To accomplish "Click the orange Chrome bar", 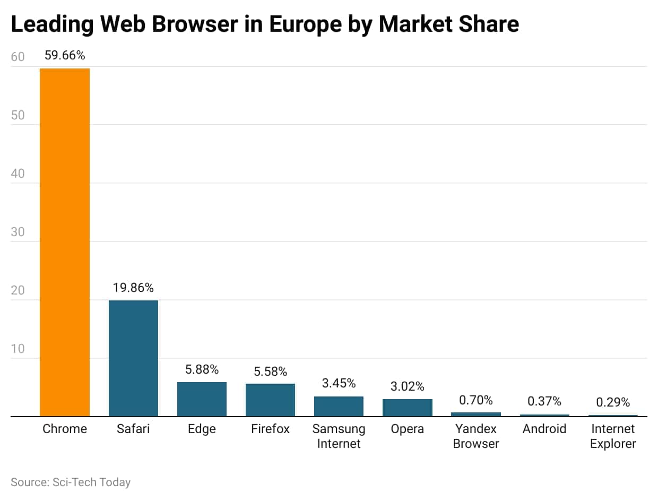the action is pyautogui.click(x=65, y=242).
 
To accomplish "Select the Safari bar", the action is pyautogui.click(x=133, y=358).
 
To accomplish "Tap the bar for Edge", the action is pyautogui.click(x=202, y=399).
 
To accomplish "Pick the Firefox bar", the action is pyautogui.click(x=270, y=400).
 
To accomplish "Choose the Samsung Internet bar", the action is pyautogui.click(x=339, y=406).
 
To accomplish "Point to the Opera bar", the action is pyautogui.click(x=407, y=408).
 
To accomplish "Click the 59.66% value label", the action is pyautogui.click(x=65, y=55).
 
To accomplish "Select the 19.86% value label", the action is pyautogui.click(x=133, y=288).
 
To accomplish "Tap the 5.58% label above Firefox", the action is pyautogui.click(x=270, y=371).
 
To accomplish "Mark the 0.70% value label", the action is pyautogui.click(x=475, y=400).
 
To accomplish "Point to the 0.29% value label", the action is pyautogui.click(x=612, y=402).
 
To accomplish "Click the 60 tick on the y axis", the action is pyautogui.click(x=18, y=57).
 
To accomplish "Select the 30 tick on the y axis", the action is pyautogui.click(x=18, y=232).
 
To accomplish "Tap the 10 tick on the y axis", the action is pyautogui.click(x=18, y=349).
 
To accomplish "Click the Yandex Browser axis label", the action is pyautogui.click(x=475, y=436).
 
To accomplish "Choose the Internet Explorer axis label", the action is pyautogui.click(x=612, y=436).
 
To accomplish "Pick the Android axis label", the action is pyautogui.click(x=544, y=429).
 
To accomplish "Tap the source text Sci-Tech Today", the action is pyautogui.click(x=91, y=482).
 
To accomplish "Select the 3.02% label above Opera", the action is pyautogui.click(x=407, y=386).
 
